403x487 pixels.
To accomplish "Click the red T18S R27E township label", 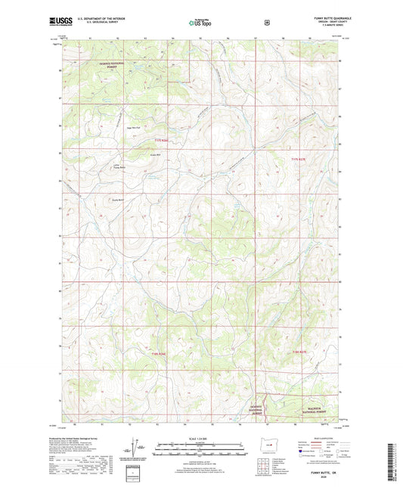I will click(300, 352).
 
